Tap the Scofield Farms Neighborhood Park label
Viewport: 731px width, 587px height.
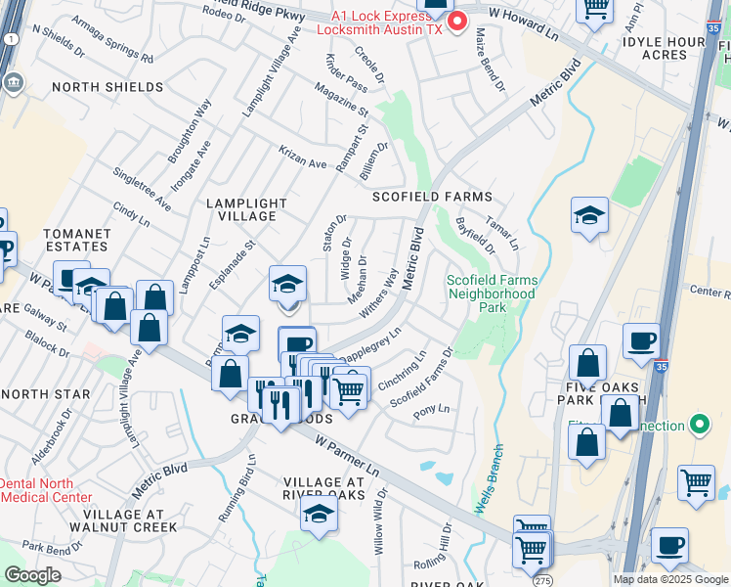coord(491,293)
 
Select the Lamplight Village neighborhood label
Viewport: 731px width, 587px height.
coord(246,209)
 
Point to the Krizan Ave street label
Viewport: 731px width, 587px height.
coord(304,161)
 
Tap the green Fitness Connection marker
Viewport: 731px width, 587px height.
coord(699,426)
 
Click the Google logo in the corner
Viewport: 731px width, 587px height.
coord(32,575)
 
